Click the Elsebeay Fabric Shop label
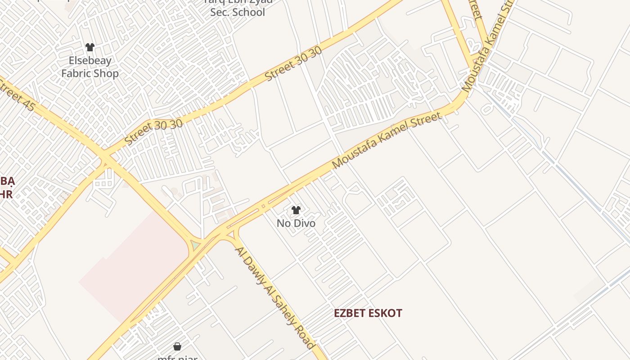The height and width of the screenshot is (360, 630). (x=90, y=67)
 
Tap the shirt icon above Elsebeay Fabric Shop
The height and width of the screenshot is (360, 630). (x=90, y=47)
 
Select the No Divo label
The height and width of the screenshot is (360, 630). (x=296, y=223)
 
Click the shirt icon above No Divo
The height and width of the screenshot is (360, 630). (x=296, y=210)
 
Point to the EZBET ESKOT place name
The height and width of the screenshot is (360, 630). (x=368, y=313)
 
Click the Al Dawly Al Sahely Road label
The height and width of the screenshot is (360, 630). (x=274, y=297)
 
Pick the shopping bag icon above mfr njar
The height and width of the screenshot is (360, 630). (x=177, y=346)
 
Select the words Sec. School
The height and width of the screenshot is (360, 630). (x=238, y=12)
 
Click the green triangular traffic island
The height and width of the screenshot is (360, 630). (x=196, y=246)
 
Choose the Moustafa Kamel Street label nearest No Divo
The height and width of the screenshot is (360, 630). (x=386, y=141)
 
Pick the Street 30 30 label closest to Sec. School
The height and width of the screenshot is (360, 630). (x=293, y=64)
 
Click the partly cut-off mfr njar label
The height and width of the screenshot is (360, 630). (x=177, y=358)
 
